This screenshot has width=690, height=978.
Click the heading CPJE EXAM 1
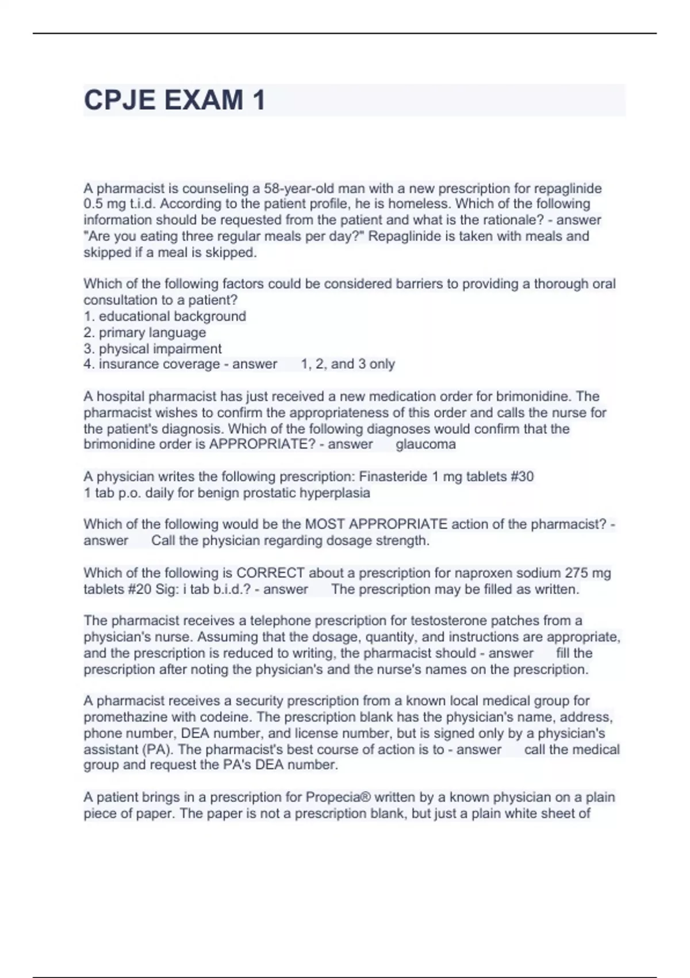pos(175,100)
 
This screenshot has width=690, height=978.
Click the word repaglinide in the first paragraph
pos(568,188)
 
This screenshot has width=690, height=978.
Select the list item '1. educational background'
pos(165,316)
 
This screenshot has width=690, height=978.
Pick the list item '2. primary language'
pos(145,332)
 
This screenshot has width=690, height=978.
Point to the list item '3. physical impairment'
pos(153,349)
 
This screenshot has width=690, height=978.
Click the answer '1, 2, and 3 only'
pos(348,364)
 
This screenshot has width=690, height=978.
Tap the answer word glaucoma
pos(425,444)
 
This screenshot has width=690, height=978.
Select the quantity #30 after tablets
pos(522,476)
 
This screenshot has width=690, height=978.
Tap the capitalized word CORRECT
pos(270,573)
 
